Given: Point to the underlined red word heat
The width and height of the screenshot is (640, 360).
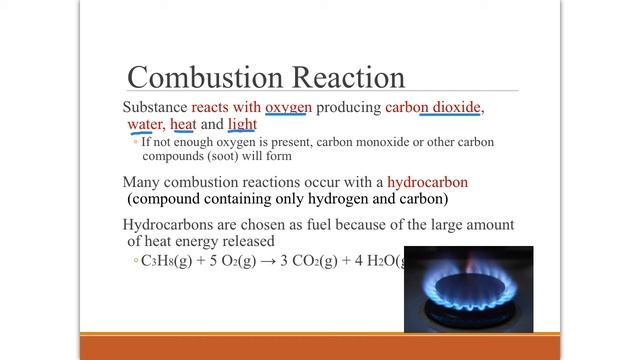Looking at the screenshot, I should tap(183, 124).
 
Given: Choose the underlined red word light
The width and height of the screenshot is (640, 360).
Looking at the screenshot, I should tap(242, 124).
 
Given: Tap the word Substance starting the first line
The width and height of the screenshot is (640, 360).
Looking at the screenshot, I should tap(155, 106).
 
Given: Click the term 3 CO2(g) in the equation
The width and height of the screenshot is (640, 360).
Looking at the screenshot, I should tap(320, 262).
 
